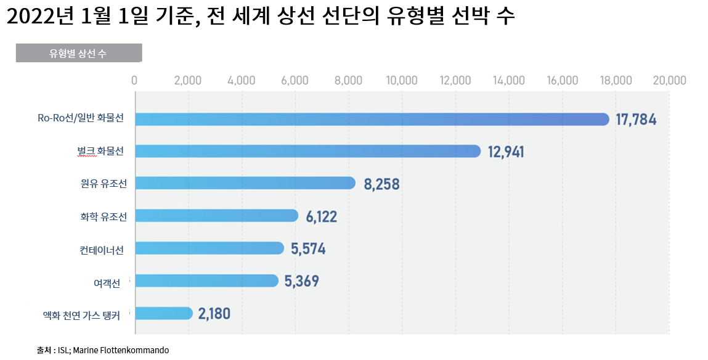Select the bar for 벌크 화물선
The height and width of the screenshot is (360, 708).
307,151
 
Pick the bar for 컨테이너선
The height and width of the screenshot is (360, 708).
209,248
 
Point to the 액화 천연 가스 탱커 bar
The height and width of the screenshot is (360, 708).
163,313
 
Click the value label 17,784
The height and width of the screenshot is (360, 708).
636,120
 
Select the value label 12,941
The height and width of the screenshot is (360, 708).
506,152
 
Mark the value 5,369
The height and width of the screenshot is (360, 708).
301,281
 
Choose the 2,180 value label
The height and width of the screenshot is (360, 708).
214,314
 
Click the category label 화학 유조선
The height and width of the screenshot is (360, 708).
104,216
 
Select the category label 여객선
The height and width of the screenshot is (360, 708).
107,282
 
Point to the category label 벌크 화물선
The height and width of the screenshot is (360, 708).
97,151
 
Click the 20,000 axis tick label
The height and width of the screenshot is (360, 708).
669,80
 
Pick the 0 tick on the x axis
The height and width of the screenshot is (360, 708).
134,80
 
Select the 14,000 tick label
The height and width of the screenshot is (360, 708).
508,80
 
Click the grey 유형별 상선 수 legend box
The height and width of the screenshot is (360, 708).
78,53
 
